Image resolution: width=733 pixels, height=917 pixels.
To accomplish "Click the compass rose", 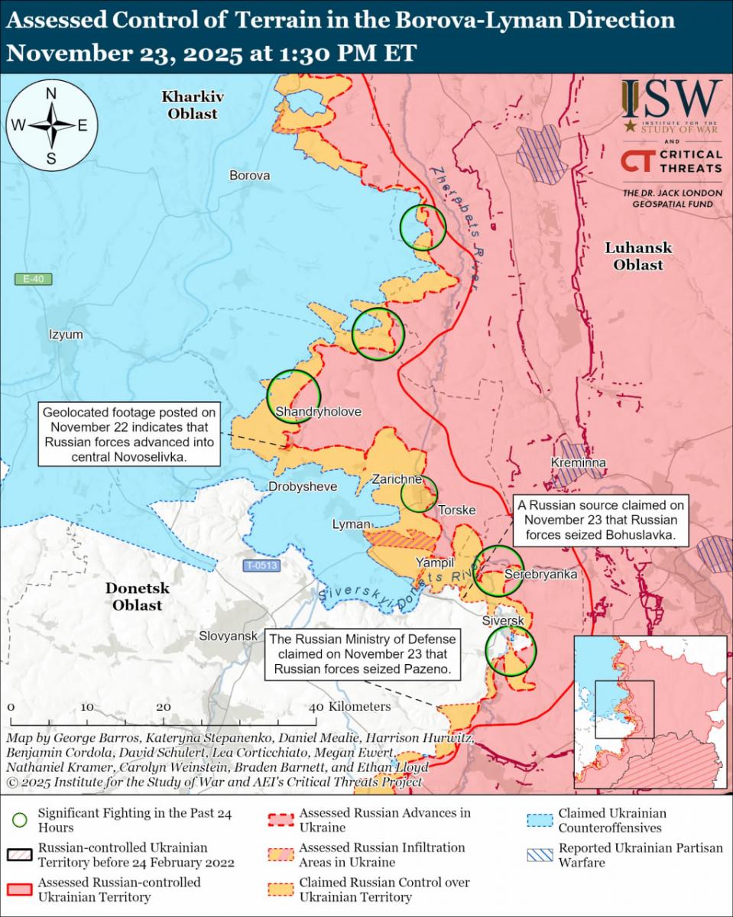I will [51, 126].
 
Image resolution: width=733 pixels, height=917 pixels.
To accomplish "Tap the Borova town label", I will [250, 176].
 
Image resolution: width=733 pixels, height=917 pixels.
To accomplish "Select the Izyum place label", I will [65, 335].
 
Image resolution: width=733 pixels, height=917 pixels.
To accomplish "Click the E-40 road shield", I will [34, 280].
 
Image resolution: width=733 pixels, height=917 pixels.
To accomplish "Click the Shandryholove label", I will [318, 412].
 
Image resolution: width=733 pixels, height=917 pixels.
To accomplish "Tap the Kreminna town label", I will [579, 463].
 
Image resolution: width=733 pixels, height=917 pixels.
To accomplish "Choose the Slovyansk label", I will [228, 636].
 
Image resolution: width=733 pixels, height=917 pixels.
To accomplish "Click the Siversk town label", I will [503, 621].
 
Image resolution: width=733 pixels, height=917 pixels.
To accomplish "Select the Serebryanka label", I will [535, 574].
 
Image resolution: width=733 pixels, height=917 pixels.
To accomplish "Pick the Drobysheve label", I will [303, 487].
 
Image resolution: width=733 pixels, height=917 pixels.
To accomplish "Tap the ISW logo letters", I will [671, 99].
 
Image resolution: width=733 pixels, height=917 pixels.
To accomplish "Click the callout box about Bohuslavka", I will [601, 520].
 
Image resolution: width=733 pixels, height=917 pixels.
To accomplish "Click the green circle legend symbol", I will [21, 820].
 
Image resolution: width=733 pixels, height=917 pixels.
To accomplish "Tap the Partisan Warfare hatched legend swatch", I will [539, 855].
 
